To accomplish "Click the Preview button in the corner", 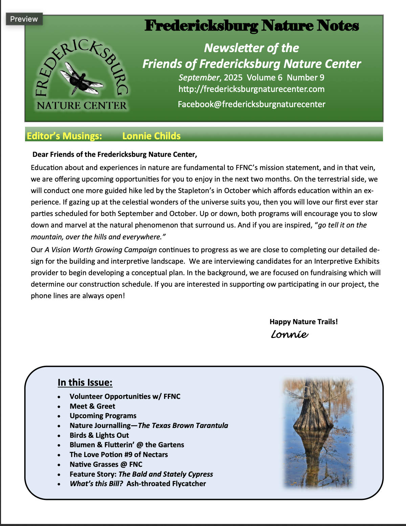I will (24, 19).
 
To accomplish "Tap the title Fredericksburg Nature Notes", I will (252, 26).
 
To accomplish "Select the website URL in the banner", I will (251, 89).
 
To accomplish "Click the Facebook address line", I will (251, 104).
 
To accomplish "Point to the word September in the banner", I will (199, 78).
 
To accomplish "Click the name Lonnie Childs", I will (151, 136).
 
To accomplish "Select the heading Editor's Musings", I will (64, 136).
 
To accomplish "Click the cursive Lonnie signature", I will (290, 334).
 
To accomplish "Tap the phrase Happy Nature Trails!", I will (303, 321).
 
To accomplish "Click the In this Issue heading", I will (85, 382).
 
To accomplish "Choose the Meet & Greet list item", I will (92, 406).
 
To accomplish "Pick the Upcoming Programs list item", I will (103, 416).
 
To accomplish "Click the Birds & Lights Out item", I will (99, 435).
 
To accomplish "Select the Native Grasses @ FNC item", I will (106, 464).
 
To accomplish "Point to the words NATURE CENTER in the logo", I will (82, 106).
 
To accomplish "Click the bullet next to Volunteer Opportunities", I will (59, 397).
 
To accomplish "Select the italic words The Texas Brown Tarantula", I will (183, 426).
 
